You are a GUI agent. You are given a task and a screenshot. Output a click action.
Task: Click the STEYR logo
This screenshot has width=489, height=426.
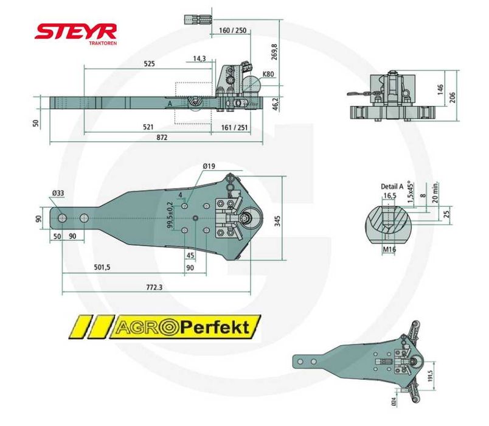point(75,32)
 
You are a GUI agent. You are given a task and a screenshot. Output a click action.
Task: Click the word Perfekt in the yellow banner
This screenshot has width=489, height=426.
point(215,328)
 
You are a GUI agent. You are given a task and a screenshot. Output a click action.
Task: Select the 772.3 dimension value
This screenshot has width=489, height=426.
point(155,287)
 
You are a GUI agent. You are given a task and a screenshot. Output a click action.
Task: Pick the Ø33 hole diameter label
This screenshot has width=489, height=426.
point(58,194)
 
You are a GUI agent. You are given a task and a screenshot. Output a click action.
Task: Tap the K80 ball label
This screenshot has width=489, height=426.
point(268,74)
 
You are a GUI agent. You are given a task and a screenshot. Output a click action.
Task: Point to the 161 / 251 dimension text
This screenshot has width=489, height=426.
point(234,127)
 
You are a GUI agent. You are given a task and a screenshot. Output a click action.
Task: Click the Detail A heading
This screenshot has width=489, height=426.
point(392,186)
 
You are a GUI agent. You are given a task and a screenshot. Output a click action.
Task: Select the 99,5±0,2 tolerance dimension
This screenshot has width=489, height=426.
point(171,216)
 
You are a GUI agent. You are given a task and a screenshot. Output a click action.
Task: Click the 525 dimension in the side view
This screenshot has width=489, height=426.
point(148,63)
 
